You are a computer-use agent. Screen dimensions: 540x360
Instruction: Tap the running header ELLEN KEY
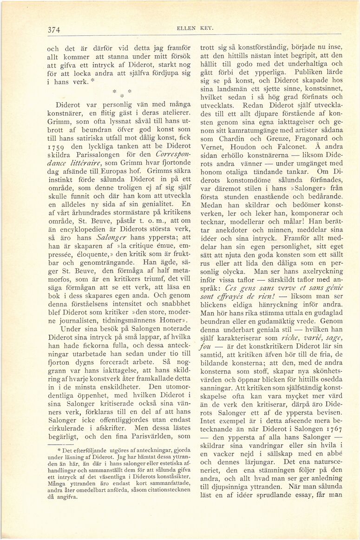click(x=188, y=28)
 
